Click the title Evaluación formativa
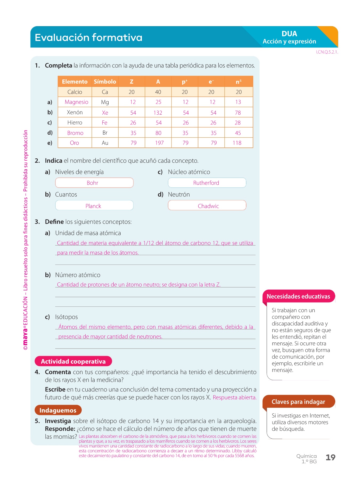[89, 38]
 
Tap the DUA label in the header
[289, 34]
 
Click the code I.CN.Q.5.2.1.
[327, 52]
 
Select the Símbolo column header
[105, 82]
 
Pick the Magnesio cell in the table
[76, 102]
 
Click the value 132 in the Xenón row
[158, 113]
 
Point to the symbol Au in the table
[105, 143]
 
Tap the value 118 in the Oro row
[237, 143]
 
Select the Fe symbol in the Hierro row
[105, 123]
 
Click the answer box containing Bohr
[94, 183]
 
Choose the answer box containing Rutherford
[207, 183]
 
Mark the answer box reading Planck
[94, 206]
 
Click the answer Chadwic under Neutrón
[208, 206]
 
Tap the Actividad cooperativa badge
[73, 361]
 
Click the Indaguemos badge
[58, 410]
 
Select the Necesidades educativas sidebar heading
[298, 296]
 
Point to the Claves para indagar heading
[298, 402]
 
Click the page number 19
[330, 457]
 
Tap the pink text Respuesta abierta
[234, 397]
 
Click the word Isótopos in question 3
[66, 317]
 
